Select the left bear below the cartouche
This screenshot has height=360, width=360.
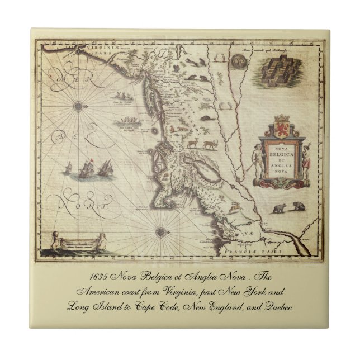click(278, 209)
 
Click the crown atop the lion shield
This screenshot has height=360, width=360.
click(280, 117)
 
